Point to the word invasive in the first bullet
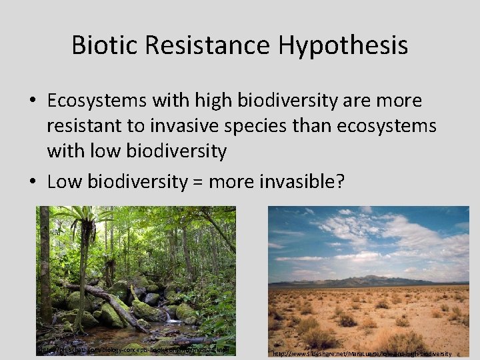(x=205, y=126)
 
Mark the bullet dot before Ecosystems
(x=33, y=100)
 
